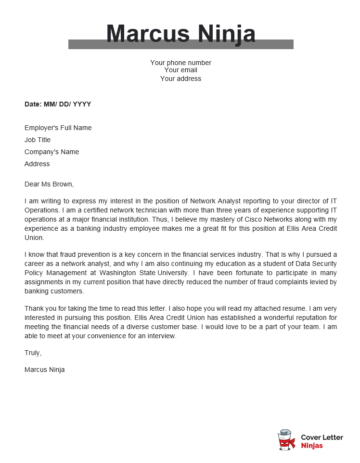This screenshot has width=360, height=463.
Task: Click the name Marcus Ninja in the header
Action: click(x=180, y=34)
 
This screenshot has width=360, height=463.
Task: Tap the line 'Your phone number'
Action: click(x=180, y=62)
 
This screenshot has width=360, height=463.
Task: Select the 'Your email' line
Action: click(x=180, y=70)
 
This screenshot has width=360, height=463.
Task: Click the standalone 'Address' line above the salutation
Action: click(x=37, y=164)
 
